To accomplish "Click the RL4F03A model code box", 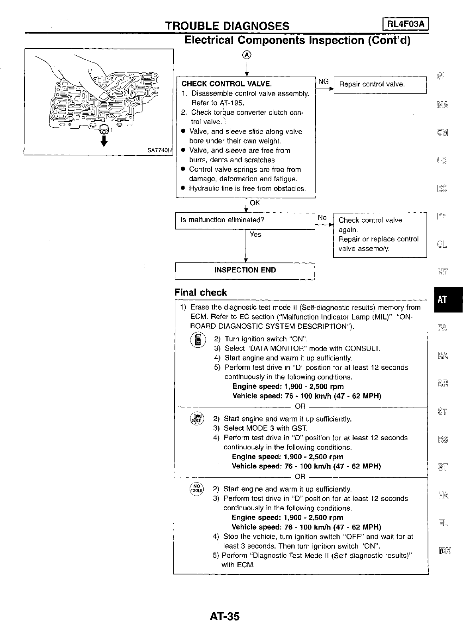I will (405, 25).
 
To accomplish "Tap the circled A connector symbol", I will (247, 55).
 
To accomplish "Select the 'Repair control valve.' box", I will (379, 84).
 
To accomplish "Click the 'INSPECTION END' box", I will (245, 270).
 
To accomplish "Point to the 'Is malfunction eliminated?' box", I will (245, 220).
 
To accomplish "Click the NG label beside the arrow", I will (323, 82).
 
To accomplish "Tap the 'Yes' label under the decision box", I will (255, 235).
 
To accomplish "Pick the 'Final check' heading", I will (200, 292).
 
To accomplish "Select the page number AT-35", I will (225, 617).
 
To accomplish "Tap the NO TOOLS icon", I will (196, 488).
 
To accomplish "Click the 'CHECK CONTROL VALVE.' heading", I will (226, 84).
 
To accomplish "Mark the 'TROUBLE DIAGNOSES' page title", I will (227, 26).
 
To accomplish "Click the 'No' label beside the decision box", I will (322, 218).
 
